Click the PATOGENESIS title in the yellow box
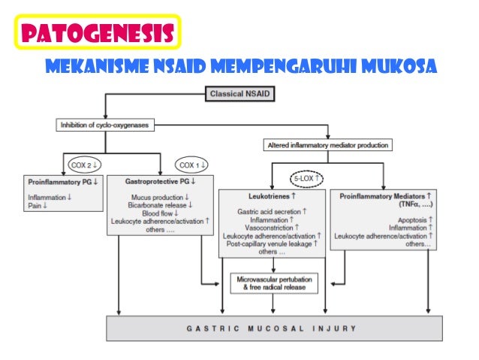95,32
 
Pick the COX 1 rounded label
193,164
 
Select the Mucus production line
159,196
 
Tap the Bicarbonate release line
159,204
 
